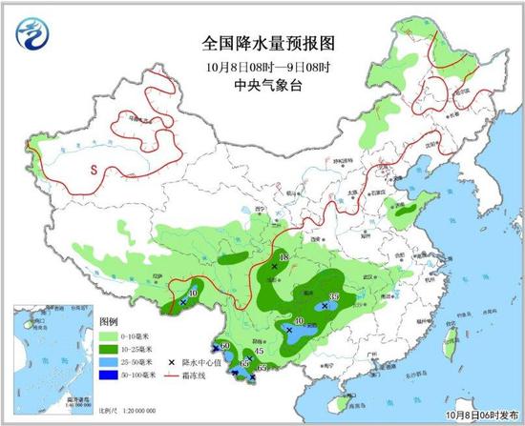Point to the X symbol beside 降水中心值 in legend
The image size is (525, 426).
[172, 362]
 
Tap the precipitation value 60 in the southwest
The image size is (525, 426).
[226, 345]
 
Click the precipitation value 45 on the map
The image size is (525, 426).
[259, 354]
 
